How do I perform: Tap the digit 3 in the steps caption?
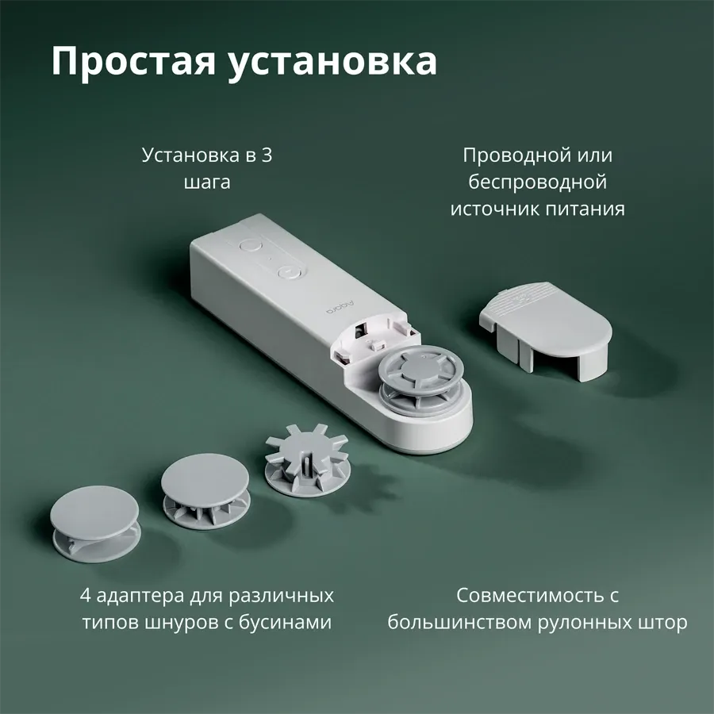coord(266,155)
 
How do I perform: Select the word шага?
coord(207,182)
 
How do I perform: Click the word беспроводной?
coord(538,182)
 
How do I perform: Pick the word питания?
coord(592,209)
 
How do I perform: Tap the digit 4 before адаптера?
coord(86,595)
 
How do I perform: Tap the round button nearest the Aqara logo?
coord(290,272)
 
